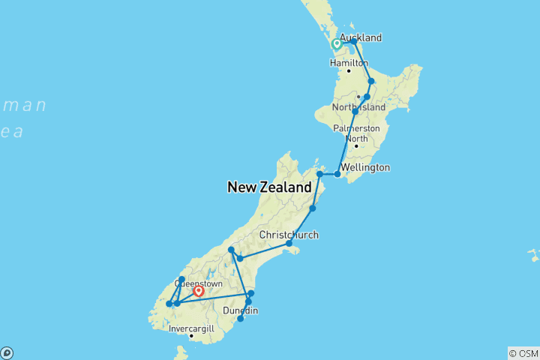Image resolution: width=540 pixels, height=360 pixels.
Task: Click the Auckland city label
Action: coord(361,37)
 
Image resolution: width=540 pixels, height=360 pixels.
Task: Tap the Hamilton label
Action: coord(349,63)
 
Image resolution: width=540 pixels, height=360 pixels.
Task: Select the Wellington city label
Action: coord(364,167)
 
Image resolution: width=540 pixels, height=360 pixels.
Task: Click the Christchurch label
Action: coord(289,235)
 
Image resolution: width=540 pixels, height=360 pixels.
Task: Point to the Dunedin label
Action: coord(241,310)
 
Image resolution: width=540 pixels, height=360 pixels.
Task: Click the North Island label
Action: coord(361,107)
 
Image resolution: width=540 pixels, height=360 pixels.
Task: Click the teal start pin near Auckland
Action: coord(337,43)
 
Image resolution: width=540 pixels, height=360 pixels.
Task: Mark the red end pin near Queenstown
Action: coord(199,291)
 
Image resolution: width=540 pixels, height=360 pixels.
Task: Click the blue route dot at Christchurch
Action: coord(289,244)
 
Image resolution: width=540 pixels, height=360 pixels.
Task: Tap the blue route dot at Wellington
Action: coord(337,174)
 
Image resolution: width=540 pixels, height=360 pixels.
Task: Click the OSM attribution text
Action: coord(523,352)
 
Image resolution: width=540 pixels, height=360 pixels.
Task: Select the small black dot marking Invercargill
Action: coord(191,336)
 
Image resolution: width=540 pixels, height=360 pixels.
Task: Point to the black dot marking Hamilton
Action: coord(349,71)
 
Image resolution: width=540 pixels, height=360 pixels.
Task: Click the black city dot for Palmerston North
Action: coord(356,145)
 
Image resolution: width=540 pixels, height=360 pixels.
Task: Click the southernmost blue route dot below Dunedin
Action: coord(240,319)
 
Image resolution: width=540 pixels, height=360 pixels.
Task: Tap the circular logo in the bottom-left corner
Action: coord(7,352)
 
